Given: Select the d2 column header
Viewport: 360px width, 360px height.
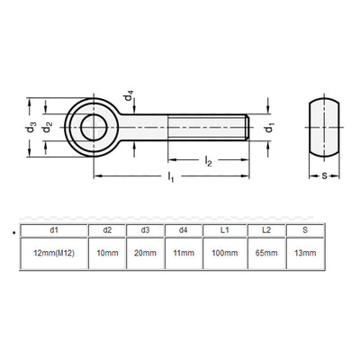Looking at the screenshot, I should coord(107,229).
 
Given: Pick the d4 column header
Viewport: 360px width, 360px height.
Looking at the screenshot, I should coord(184,229).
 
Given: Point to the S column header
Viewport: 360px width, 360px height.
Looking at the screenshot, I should coord(307,229).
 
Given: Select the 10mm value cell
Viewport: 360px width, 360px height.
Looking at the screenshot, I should coord(107,255).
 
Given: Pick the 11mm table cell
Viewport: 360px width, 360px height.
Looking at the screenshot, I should coord(184,255).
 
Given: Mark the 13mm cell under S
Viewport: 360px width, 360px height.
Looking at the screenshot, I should coord(307,255).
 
